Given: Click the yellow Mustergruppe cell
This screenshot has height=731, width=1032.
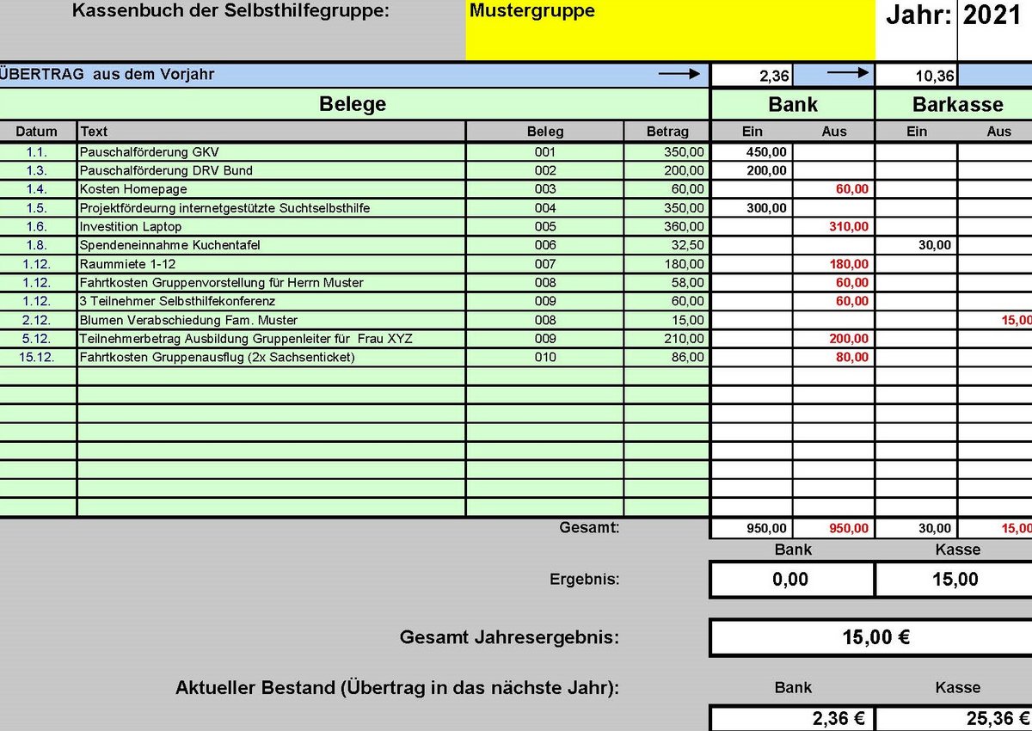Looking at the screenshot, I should tap(670, 31).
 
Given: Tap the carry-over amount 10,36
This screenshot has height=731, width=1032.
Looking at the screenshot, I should tap(934, 76).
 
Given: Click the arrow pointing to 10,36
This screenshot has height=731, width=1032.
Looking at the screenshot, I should tap(848, 74).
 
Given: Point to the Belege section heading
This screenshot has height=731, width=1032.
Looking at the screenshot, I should tap(353, 105).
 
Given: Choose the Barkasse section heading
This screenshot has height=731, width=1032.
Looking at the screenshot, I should tap(957, 105).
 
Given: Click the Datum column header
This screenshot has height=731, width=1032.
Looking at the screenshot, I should tap(37, 132).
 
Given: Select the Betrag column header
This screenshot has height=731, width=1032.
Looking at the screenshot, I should tap(667, 132).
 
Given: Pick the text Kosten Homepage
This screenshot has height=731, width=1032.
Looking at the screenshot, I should tap(132, 189).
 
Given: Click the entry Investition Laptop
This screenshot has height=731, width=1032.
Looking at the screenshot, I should tap(131, 226).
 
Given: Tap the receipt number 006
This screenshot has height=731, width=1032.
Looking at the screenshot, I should tap(545, 245).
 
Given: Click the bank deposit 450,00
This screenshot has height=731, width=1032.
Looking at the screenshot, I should tap(765, 151).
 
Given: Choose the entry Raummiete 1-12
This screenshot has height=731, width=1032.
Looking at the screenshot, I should tap(127, 264).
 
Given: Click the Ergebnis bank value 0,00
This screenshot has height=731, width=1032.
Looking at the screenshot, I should tap(791, 580).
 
